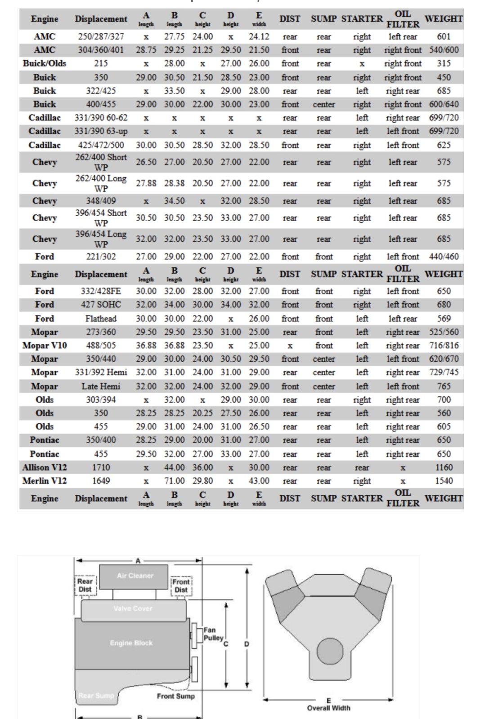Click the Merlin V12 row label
click(45, 481)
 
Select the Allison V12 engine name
click(45, 467)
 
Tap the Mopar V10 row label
click(45, 346)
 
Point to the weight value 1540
click(444, 481)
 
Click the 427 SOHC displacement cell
click(101, 305)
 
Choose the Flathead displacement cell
click(101, 319)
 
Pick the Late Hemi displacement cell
click(101, 386)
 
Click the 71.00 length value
click(174, 481)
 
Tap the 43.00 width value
click(259, 481)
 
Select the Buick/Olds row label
click(45, 63)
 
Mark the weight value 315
click(444, 63)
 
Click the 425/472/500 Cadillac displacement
click(101, 145)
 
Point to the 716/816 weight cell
click(444, 346)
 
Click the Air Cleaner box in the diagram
click(134, 577)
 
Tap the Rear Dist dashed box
click(85, 585)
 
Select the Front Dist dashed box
click(181, 586)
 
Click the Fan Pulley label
click(212, 634)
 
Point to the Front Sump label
click(175, 696)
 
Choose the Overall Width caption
click(328, 708)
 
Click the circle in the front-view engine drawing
click(330, 651)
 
